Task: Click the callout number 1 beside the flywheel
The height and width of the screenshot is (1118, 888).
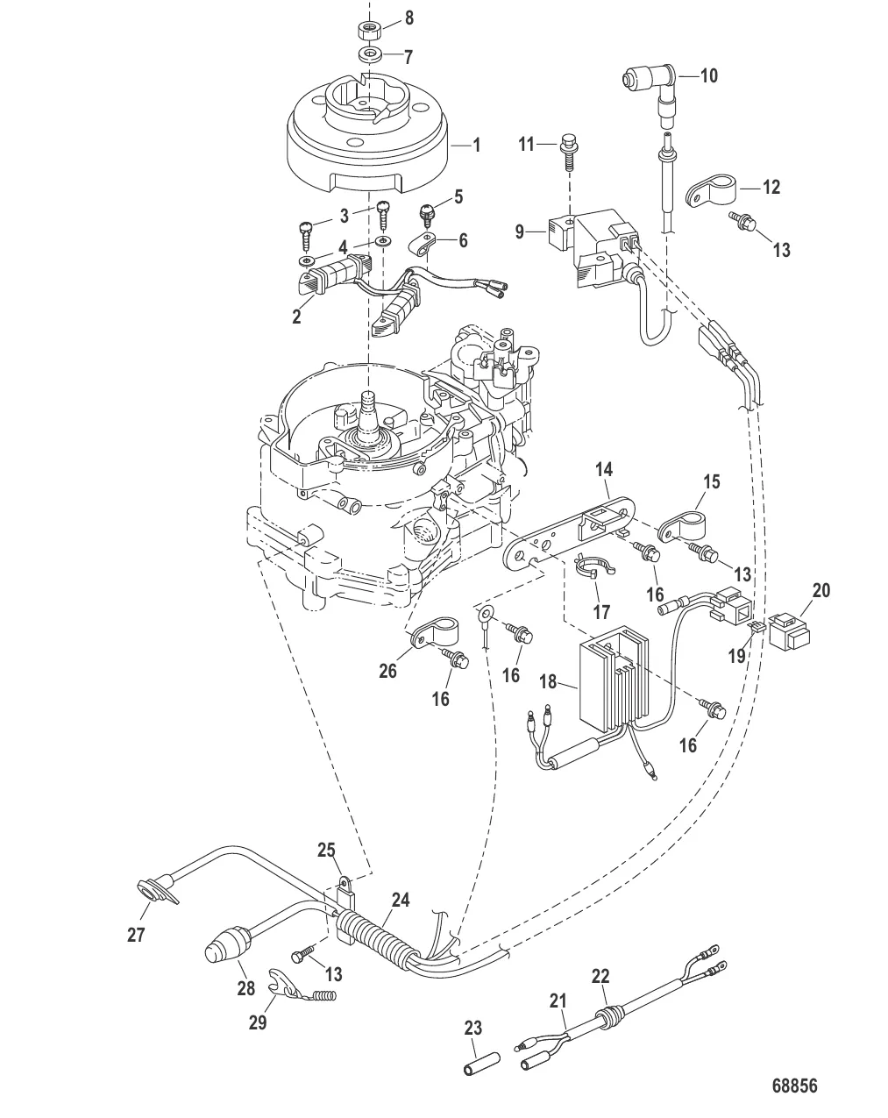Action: tap(477, 145)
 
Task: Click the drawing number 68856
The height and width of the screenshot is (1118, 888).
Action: tap(794, 1086)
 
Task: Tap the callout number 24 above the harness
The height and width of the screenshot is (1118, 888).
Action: tap(400, 901)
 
